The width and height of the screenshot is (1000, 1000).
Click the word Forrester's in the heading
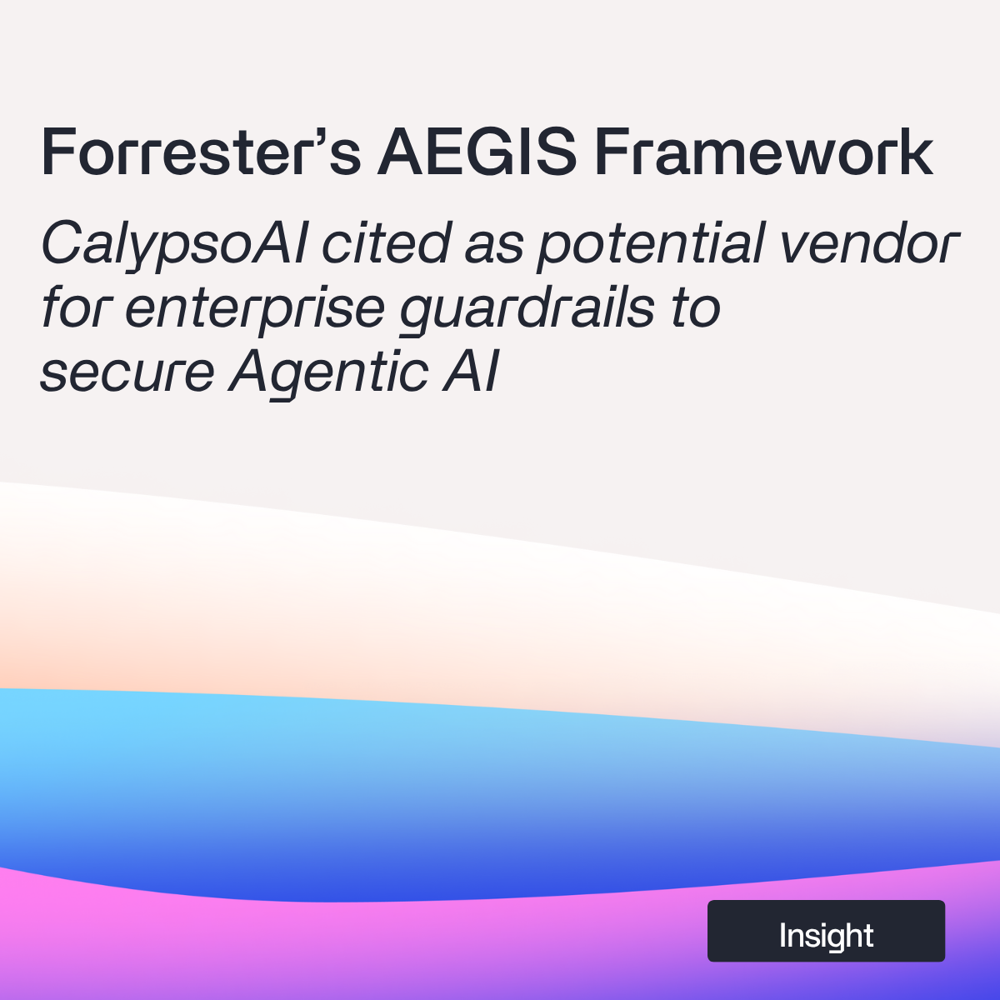[201, 152]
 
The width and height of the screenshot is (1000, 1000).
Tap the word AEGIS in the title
[476, 152]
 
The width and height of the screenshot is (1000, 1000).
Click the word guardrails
[527, 310]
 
